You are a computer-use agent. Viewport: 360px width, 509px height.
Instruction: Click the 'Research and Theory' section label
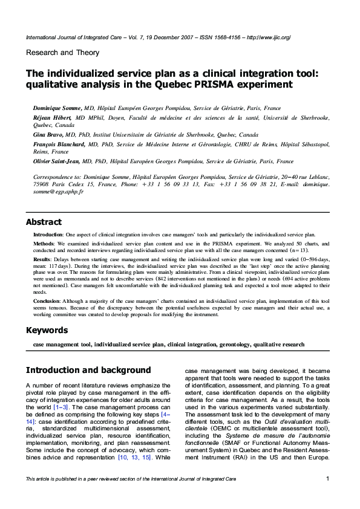pyautogui.click(x=62, y=53)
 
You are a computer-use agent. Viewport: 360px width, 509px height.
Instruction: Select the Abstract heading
pyautogui.click(x=43, y=222)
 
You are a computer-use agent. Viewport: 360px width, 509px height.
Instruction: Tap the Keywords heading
pyautogui.click(x=47, y=330)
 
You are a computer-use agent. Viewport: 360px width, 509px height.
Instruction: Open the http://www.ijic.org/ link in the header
pyautogui.click(x=268, y=37)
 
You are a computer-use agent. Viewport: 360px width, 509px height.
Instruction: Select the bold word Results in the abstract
pyautogui.click(x=43, y=259)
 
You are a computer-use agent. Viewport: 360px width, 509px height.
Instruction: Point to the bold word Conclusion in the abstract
pyautogui.click(x=47, y=300)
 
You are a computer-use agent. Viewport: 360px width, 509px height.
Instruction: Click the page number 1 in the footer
pyautogui.click(x=327, y=479)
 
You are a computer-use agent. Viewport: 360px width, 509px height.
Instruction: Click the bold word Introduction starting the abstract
pyautogui.click(x=49, y=233)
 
